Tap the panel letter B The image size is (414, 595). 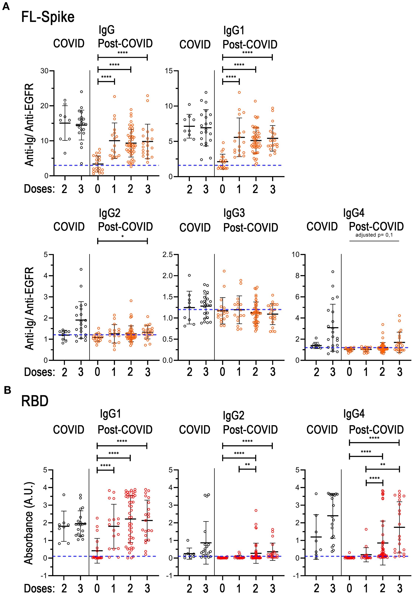tap(7, 390)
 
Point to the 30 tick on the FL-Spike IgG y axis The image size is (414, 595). tap(44, 71)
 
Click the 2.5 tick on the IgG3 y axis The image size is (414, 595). tap(168, 254)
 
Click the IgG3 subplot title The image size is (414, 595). tap(234, 213)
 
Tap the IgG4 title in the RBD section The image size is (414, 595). tap(354, 414)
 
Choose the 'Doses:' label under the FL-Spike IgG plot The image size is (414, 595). tap(39, 189)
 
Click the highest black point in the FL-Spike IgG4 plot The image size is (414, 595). tap(333, 272)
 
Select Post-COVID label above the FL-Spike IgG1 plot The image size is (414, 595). tap(250, 45)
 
